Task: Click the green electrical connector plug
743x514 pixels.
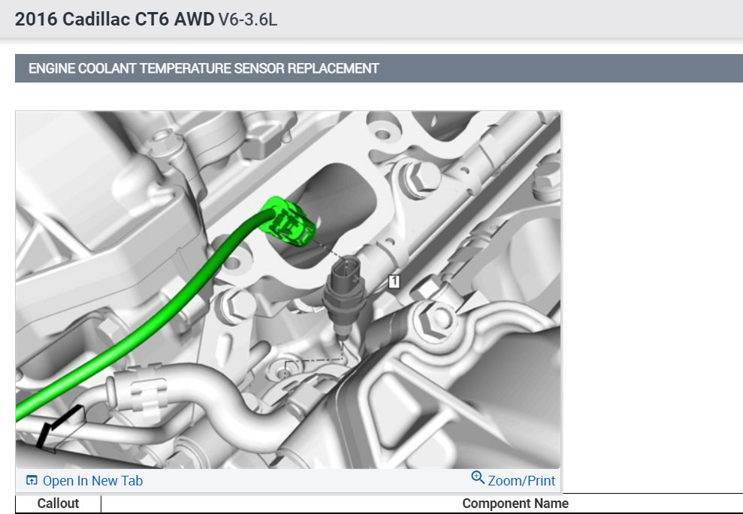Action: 288,221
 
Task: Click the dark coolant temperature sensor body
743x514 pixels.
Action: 345,293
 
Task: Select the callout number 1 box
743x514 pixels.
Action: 394,281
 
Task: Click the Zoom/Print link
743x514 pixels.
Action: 521,481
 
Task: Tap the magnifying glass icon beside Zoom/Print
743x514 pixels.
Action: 478,477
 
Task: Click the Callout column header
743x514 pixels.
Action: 58,503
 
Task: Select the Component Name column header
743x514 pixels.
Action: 515,503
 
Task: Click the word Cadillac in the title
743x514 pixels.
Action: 96,20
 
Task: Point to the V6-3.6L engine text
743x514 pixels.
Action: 248,20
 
